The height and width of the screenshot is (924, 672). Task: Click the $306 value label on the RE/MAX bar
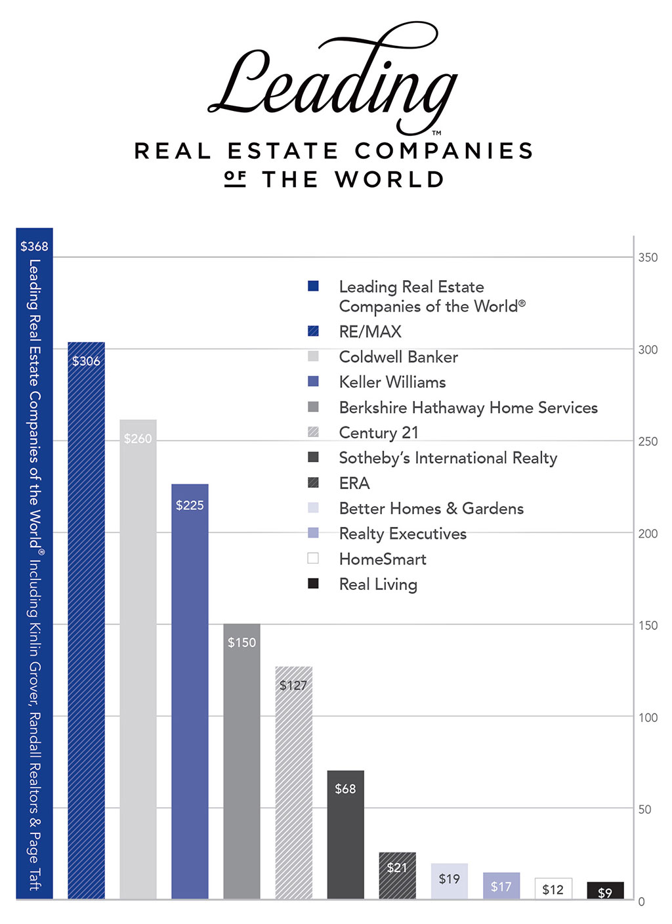click(x=86, y=361)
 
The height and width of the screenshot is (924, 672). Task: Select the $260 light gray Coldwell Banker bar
click(x=138, y=656)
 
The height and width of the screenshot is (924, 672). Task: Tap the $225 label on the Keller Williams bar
click(x=190, y=505)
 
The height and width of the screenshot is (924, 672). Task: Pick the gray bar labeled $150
click(x=241, y=761)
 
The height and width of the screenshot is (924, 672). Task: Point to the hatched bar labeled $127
click(x=293, y=787)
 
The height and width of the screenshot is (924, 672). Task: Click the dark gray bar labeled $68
click(x=345, y=840)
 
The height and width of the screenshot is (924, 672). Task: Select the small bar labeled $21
click(x=397, y=876)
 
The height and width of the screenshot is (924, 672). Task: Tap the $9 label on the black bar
click(x=604, y=892)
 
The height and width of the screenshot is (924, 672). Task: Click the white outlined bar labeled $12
click(x=553, y=889)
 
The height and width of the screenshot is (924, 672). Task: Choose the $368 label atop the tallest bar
click(x=34, y=246)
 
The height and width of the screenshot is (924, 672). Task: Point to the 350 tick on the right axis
click(x=648, y=258)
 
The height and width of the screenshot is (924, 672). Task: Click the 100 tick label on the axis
click(x=648, y=717)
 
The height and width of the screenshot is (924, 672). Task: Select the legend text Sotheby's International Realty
click(x=448, y=458)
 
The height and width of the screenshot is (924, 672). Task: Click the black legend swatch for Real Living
click(x=313, y=583)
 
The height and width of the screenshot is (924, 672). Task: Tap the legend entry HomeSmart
click(x=383, y=559)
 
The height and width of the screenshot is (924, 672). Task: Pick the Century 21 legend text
click(x=378, y=433)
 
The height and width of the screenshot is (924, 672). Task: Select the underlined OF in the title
click(x=235, y=178)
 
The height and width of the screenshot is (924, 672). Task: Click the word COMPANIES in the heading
click(x=444, y=151)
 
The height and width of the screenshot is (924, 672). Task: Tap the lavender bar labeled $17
click(x=501, y=886)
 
